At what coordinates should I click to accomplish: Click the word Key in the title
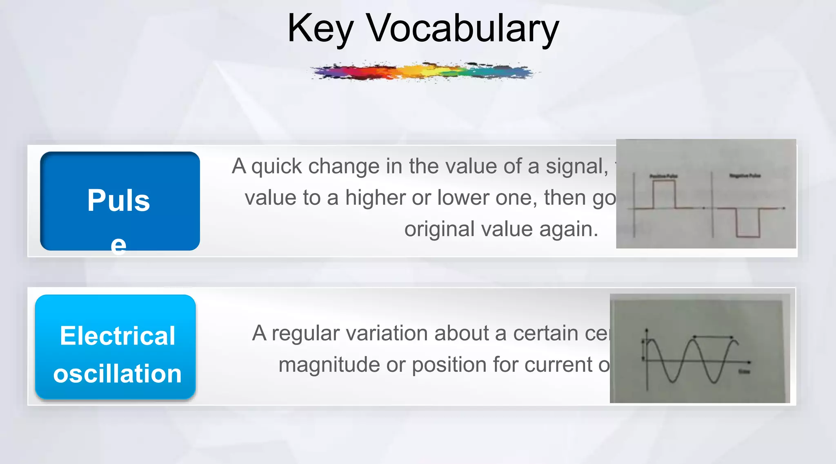point(320,29)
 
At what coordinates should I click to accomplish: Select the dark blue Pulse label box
point(120,201)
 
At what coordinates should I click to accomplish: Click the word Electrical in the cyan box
point(118,336)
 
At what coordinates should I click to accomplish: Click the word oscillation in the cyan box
point(118,373)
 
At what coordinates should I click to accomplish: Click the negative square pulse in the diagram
point(748,223)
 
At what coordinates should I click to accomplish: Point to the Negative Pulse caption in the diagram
point(745,176)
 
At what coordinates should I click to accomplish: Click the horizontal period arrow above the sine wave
point(713,337)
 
